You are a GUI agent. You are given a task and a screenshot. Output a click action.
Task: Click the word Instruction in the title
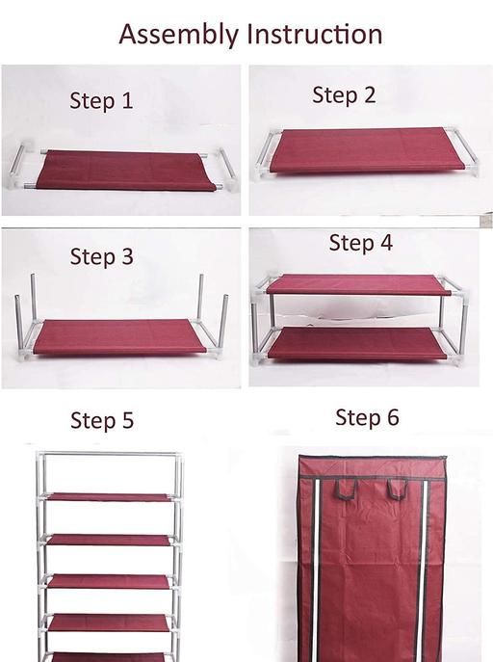tap(315, 34)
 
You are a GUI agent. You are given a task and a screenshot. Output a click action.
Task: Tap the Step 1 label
tap(101, 101)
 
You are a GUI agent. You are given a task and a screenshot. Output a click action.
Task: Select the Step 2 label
tap(344, 95)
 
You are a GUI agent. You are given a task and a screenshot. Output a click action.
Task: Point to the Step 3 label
tap(102, 257)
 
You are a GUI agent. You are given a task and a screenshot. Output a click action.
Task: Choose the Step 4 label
tap(360, 243)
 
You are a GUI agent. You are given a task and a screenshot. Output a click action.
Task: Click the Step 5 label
tap(102, 421)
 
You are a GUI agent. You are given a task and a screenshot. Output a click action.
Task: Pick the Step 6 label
tap(367, 417)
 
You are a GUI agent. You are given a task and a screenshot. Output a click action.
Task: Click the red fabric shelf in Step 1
tap(126, 171)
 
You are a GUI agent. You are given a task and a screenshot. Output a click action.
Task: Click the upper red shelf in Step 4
tap(357, 283)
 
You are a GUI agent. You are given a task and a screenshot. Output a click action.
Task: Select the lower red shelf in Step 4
tap(357, 343)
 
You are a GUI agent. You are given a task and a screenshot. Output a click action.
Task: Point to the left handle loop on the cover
tap(347, 489)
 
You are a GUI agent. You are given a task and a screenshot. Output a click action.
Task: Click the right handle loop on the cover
tap(398, 489)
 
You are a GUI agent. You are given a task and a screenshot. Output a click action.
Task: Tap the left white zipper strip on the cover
tap(314, 570)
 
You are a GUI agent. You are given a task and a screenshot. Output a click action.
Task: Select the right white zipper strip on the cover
tap(423, 570)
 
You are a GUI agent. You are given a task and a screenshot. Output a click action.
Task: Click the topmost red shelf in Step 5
tap(110, 497)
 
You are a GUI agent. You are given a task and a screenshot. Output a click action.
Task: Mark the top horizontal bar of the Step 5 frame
tap(110, 454)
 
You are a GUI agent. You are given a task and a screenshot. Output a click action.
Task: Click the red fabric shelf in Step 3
tap(119, 337)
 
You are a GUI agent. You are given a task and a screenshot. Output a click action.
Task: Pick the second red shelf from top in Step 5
tap(109, 540)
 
